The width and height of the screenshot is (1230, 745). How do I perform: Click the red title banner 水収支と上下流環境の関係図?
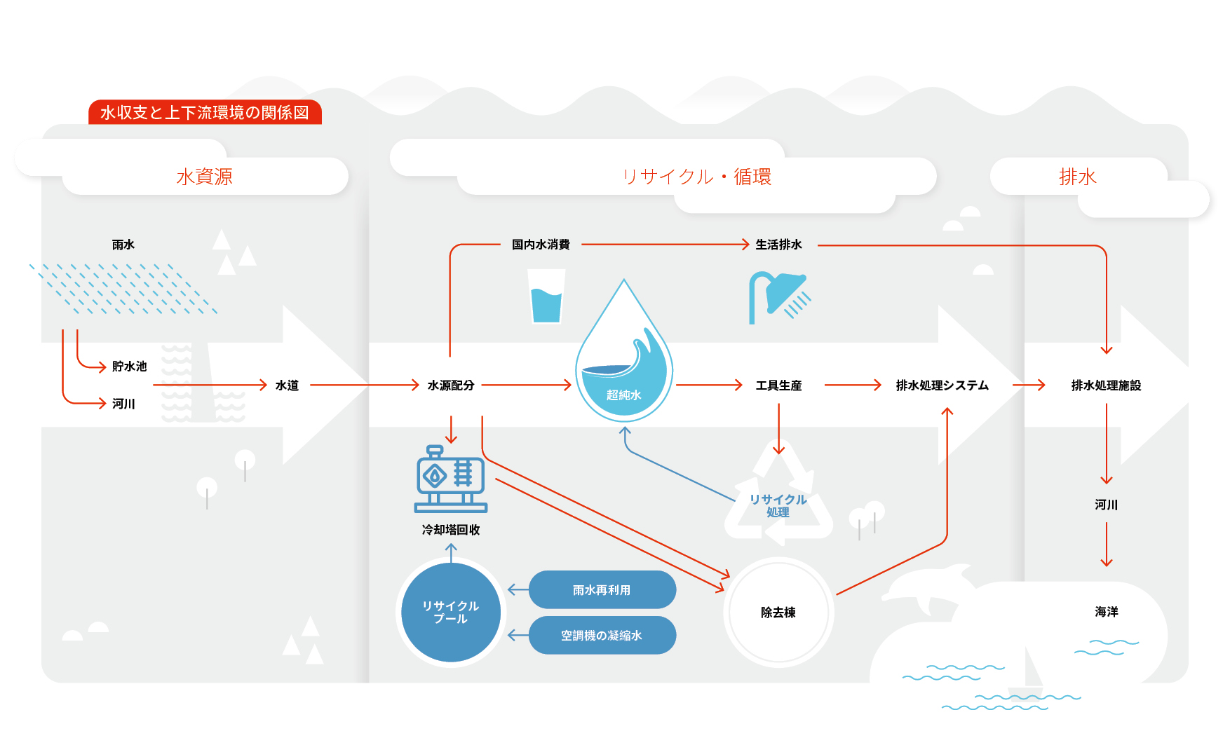click(x=205, y=112)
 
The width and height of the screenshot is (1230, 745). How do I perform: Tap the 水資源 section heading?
click(x=204, y=177)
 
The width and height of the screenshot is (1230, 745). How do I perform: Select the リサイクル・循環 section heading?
click(x=697, y=177)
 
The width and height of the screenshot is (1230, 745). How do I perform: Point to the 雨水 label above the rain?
click(x=123, y=245)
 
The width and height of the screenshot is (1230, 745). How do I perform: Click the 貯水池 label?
click(x=130, y=367)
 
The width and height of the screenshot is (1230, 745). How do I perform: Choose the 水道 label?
click(x=288, y=385)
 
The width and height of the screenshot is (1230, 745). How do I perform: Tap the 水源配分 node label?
click(x=451, y=385)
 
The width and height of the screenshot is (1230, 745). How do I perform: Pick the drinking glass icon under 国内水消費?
click(x=546, y=296)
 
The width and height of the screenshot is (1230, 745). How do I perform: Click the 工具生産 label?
click(x=779, y=385)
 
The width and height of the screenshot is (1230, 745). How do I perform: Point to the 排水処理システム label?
click(x=942, y=385)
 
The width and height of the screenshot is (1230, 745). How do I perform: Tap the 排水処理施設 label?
click(x=1107, y=385)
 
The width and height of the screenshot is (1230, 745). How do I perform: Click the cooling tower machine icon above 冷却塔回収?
click(x=451, y=479)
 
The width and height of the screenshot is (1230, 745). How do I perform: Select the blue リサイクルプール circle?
click(x=451, y=613)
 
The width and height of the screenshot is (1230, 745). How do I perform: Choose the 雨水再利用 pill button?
click(x=602, y=590)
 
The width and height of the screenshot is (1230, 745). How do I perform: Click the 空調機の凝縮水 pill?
click(x=602, y=636)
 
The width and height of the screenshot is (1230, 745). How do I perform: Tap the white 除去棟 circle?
click(x=779, y=613)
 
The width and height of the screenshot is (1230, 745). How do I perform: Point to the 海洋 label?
click(x=1107, y=612)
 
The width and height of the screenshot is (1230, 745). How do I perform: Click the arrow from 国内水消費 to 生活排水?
click(x=665, y=245)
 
